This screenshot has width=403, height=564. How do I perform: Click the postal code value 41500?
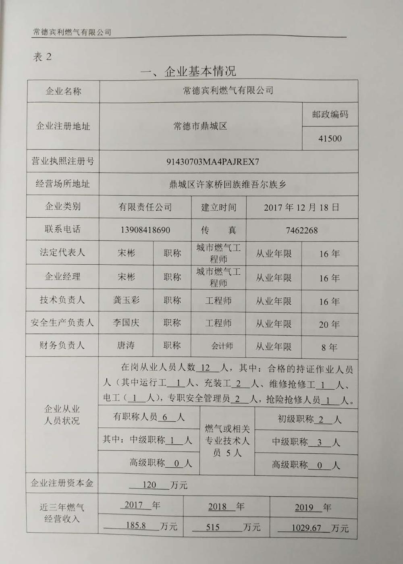click(x=330, y=139)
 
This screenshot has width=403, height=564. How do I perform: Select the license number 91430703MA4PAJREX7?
click(x=213, y=162)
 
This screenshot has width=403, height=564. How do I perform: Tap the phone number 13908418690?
click(x=145, y=230)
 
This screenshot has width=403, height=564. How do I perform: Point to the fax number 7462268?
click(x=301, y=230)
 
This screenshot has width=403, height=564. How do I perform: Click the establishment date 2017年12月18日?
click(x=301, y=207)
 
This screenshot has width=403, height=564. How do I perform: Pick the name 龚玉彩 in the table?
click(x=126, y=300)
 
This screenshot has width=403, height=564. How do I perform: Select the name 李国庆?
click(x=126, y=323)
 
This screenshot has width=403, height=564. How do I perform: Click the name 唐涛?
click(x=126, y=346)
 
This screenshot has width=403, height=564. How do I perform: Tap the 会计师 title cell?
click(x=222, y=346)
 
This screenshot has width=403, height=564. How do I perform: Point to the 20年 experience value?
click(x=329, y=324)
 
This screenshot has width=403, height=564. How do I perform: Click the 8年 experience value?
click(x=329, y=347)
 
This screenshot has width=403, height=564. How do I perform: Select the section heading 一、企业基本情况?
click(x=188, y=72)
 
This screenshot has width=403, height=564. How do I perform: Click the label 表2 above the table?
click(x=42, y=57)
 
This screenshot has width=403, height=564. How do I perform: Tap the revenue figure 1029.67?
click(x=306, y=528)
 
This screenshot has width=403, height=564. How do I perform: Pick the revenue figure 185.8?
click(x=135, y=526)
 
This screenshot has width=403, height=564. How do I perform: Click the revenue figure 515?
click(x=212, y=527)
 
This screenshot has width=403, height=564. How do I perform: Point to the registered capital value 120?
click(x=149, y=485)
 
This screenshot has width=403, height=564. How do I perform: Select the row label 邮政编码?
click(x=330, y=114)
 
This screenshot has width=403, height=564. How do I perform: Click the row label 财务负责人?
click(x=62, y=345)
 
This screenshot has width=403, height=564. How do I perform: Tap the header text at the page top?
click(x=72, y=32)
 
